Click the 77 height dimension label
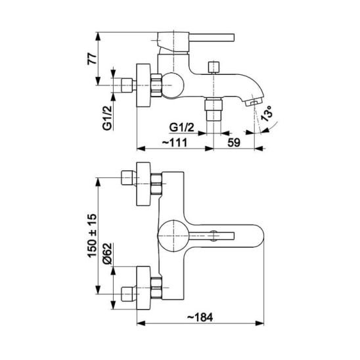91,58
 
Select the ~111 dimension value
175,143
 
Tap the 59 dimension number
234,143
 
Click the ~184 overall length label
200,317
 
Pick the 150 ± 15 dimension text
92,236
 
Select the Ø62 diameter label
107,254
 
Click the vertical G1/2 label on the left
107,118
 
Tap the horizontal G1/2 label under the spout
181,127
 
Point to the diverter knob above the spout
214,67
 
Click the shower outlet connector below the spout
214,109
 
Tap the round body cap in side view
173,85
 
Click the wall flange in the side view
143,85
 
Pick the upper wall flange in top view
143,184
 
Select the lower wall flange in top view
143,288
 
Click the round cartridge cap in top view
173,236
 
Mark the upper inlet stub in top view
127,178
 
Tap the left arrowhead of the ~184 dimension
141,323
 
